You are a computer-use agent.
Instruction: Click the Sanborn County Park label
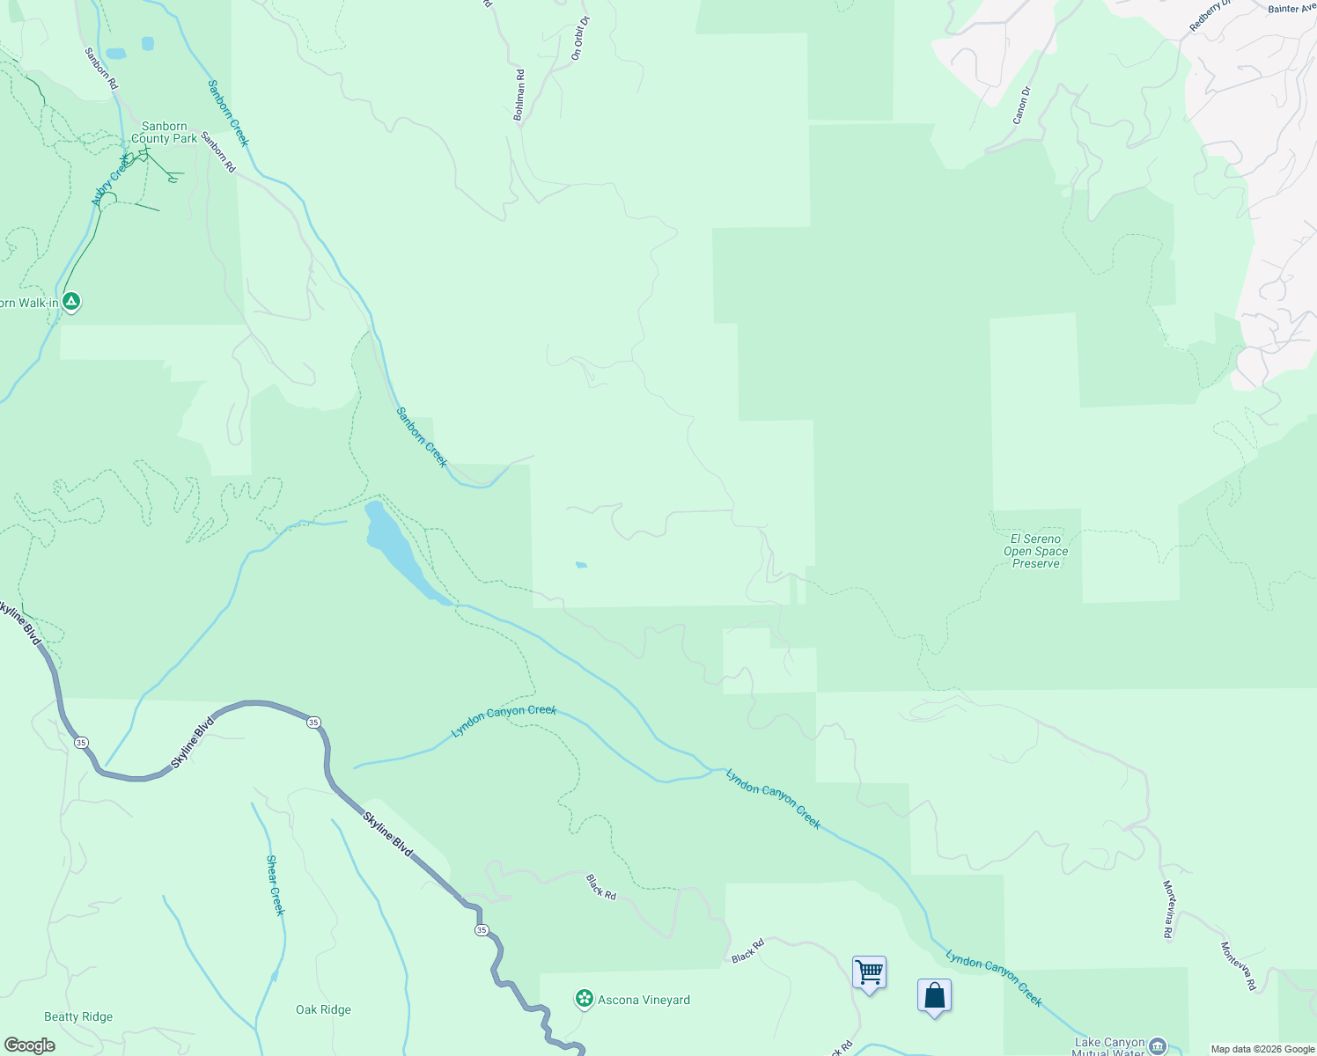tap(165, 133)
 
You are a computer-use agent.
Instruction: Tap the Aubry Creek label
tap(111, 180)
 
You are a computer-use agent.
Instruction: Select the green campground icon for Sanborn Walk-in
tap(72, 301)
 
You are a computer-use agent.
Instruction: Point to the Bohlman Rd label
tap(519, 95)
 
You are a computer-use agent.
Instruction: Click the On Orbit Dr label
tap(579, 38)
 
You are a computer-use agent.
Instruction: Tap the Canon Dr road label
tap(1021, 105)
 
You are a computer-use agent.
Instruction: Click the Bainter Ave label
tap(1291, 9)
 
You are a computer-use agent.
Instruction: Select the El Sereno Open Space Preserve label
tap(1036, 551)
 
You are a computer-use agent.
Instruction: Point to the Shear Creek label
tap(276, 885)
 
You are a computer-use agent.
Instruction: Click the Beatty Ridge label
tap(78, 1016)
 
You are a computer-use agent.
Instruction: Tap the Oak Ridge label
tap(323, 1009)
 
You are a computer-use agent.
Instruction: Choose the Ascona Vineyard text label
tap(644, 1000)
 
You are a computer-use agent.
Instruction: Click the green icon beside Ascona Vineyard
tap(583, 999)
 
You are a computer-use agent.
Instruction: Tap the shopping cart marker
tap(869, 973)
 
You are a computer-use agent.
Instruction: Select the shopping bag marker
tap(934, 996)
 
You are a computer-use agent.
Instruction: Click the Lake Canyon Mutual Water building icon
tap(1159, 1045)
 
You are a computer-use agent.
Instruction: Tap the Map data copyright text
tap(1262, 1049)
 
